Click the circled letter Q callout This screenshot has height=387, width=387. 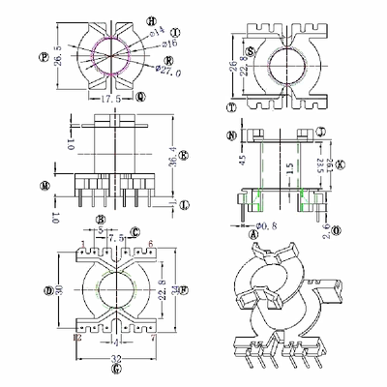[x=141, y=96]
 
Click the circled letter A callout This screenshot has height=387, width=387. [x=253, y=234]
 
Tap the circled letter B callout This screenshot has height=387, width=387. [x=100, y=221]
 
